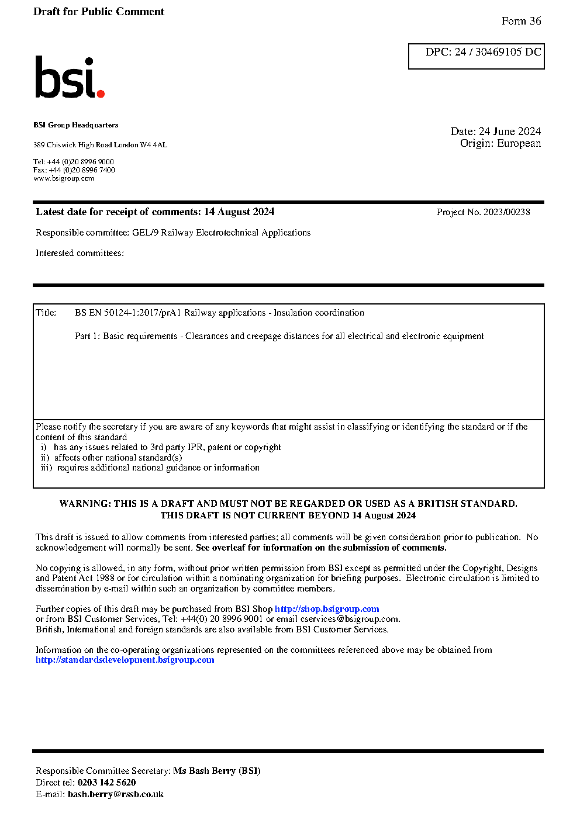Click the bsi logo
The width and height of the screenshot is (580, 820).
69,77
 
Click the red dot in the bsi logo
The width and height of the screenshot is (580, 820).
101,93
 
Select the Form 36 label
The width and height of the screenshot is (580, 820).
521,21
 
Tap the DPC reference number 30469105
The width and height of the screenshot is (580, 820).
498,52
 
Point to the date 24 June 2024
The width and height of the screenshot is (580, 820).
510,132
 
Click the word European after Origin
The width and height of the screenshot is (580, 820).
519,144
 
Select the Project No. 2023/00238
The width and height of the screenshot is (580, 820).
483,212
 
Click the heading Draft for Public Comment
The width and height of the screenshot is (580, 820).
99,12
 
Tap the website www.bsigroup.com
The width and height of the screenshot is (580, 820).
64,178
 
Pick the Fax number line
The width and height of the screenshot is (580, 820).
74,170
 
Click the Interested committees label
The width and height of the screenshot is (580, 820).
80,253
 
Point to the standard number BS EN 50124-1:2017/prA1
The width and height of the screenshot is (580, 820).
128,313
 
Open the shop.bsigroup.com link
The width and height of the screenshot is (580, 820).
327,609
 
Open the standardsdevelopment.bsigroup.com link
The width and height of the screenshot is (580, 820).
125,660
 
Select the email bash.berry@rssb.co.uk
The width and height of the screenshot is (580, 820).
116,794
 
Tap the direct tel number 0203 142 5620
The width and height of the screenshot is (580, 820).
106,783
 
